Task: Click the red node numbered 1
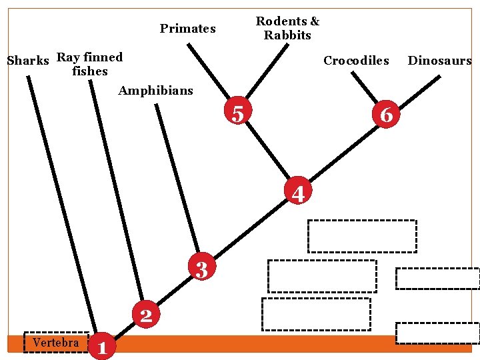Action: (101, 346)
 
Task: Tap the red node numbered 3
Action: (202, 268)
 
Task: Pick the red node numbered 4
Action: (298, 192)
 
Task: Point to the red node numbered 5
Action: (237, 113)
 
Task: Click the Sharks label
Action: (28, 61)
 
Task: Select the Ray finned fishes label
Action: (90, 64)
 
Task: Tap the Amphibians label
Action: (155, 90)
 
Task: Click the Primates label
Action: (187, 29)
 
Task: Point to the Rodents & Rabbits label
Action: (287, 29)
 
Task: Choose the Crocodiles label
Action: (356, 61)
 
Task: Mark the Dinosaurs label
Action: (439, 61)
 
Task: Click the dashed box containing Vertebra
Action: (56, 342)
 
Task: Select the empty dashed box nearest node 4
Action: (361, 236)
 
